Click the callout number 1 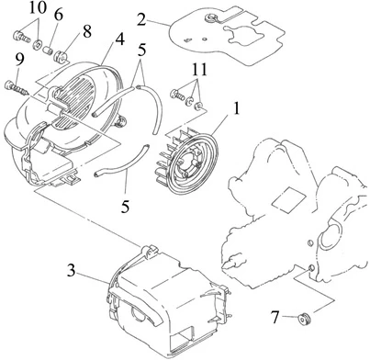(x=236, y=108)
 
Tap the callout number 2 (x=141, y=19)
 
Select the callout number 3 (x=71, y=271)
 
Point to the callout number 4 (x=119, y=39)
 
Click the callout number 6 (x=59, y=15)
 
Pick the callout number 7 (x=275, y=317)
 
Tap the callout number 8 (x=87, y=31)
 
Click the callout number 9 (x=19, y=60)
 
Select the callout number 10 (x=38, y=7)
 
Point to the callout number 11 (x=200, y=70)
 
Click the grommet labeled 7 (x=305, y=320)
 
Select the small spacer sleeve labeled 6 (x=48, y=50)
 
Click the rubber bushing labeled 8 (x=61, y=56)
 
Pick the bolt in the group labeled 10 (x=21, y=37)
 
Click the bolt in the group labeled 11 (x=177, y=94)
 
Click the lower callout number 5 (x=125, y=207)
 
